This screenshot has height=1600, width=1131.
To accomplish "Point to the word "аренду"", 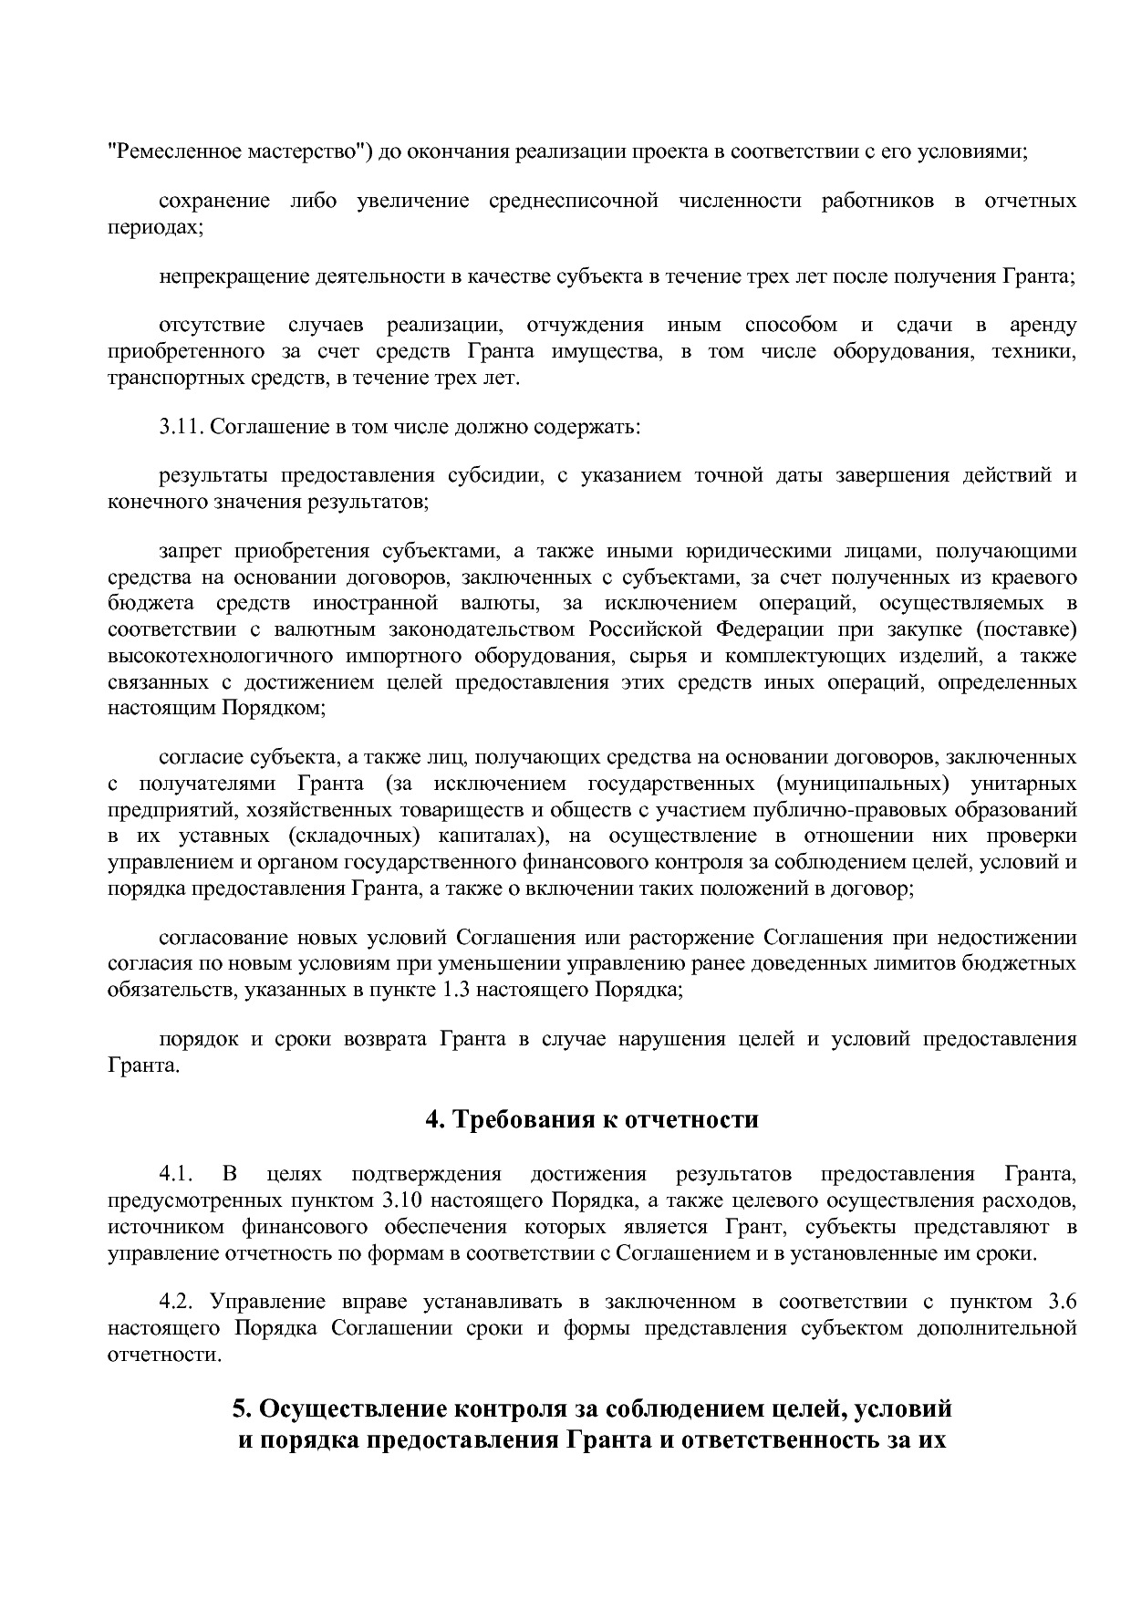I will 1043,326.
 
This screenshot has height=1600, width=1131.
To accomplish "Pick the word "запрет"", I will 189,551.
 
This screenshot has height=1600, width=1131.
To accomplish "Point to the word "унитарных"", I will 1024,784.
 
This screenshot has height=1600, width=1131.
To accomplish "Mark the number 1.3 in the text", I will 455,990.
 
